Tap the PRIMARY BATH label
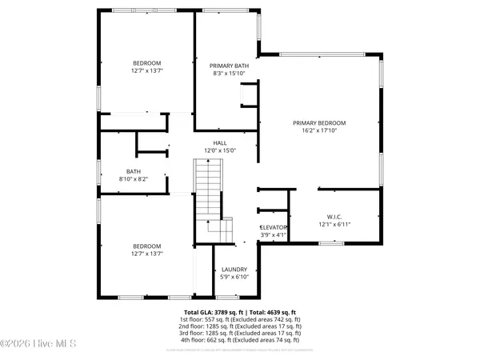click(x=228, y=66)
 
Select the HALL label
click(x=220, y=142)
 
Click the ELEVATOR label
click(x=274, y=227)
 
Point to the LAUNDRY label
click(x=234, y=270)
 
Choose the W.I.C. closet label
click(x=334, y=215)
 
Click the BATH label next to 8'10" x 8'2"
click(x=134, y=171)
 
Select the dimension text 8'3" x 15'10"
click(x=228, y=74)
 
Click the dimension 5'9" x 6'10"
click(x=234, y=278)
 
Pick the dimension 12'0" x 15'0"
click(x=220, y=150)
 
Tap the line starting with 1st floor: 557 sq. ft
click(x=240, y=319)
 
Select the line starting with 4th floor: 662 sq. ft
click(x=240, y=341)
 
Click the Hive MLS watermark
click(x=38, y=344)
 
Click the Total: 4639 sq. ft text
click(x=274, y=311)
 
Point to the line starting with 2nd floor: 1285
click(x=240, y=326)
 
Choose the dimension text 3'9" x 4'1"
click(x=274, y=235)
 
